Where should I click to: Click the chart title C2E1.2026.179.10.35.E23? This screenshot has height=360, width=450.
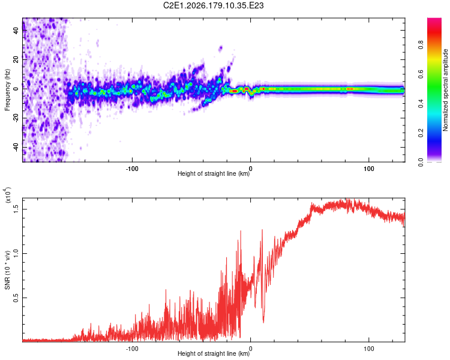[x=213, y=5]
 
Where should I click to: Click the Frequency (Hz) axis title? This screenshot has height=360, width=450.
[x=7, y=90]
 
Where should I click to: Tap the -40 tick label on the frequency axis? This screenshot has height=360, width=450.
[x=16, y=148]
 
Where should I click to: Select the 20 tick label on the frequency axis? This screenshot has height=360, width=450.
[x=16, y=59]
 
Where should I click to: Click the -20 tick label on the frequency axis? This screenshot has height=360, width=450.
[x=16, y=118]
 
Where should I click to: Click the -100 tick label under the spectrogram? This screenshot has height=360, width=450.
[x=132, y=169]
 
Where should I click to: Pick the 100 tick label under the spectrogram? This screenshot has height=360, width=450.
[x=369, y=169]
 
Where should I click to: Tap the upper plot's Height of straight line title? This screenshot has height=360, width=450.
[x=214, y=173]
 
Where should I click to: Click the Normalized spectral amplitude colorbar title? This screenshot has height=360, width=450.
[x=445, y=90]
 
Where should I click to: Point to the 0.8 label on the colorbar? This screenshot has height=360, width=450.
[x=421, y=45]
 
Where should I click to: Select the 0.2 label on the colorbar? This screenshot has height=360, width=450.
[x=421, y=133]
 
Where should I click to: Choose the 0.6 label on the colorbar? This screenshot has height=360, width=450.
[x=421, y=74]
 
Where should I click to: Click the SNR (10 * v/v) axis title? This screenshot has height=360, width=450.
[x=7, y=270]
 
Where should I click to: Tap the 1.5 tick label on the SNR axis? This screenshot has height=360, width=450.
[x=16, y=209]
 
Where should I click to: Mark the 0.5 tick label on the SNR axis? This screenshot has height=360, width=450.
[x=16, y=298]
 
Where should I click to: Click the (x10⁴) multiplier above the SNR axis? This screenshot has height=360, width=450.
[x=8, y=195]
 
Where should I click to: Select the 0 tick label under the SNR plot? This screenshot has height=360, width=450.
[x=251, y=349]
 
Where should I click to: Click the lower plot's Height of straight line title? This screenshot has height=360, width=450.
[x=214, y=353]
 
